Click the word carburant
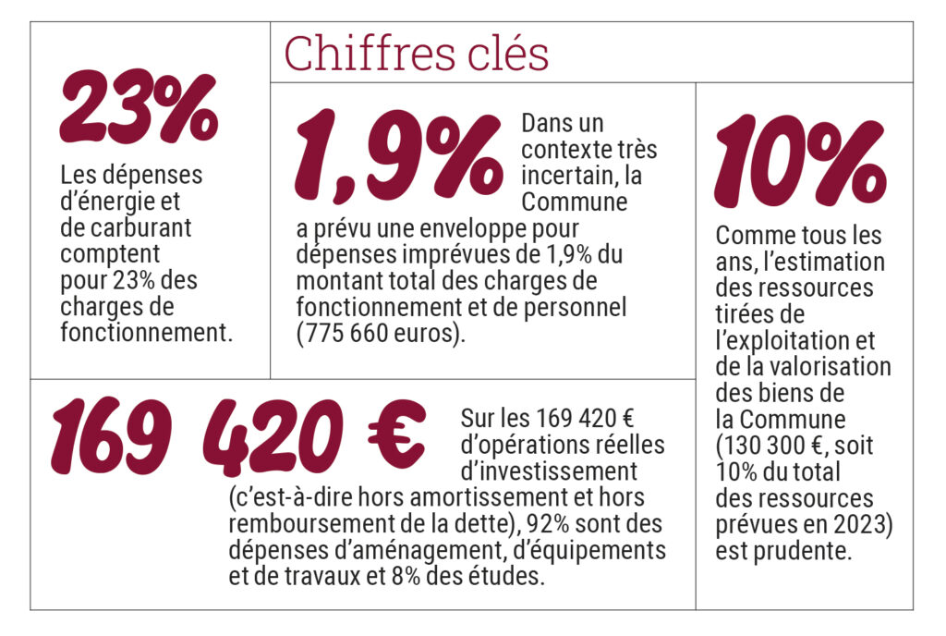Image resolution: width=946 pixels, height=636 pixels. pyautogui.click(x=129, y=227)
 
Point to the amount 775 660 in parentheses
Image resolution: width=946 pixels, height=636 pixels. pyautogui.click(x=351, y=332)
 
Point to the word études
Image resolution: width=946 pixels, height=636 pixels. pyautogui.click(x=510, y=577)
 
